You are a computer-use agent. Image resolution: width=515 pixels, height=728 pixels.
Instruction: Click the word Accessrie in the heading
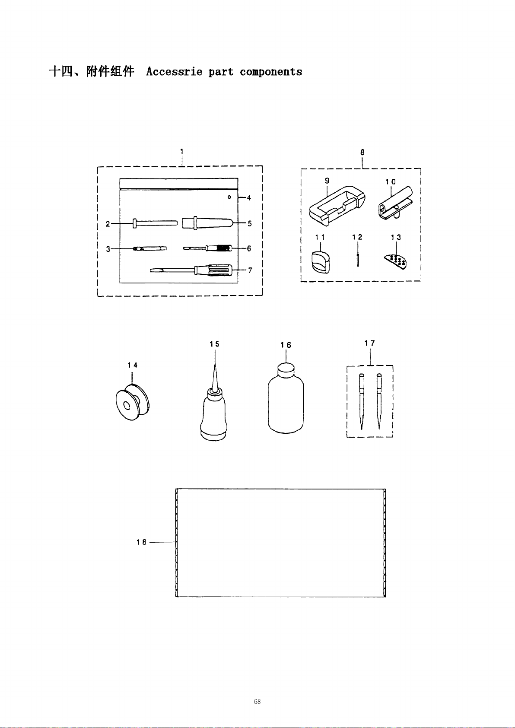(174, 71)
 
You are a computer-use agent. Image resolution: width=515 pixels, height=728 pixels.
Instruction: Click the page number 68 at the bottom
(257, 701)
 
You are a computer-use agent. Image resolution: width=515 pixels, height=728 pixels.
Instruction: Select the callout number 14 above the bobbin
(133, 365)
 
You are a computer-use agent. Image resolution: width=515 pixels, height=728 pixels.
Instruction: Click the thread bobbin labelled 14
(133, 402)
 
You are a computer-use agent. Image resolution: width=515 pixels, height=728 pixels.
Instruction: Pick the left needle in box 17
(362, 401)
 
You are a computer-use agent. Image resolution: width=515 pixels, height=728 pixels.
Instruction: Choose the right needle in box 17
(379, 401)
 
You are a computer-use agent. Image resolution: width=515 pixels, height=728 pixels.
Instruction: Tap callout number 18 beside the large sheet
(141, 542)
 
